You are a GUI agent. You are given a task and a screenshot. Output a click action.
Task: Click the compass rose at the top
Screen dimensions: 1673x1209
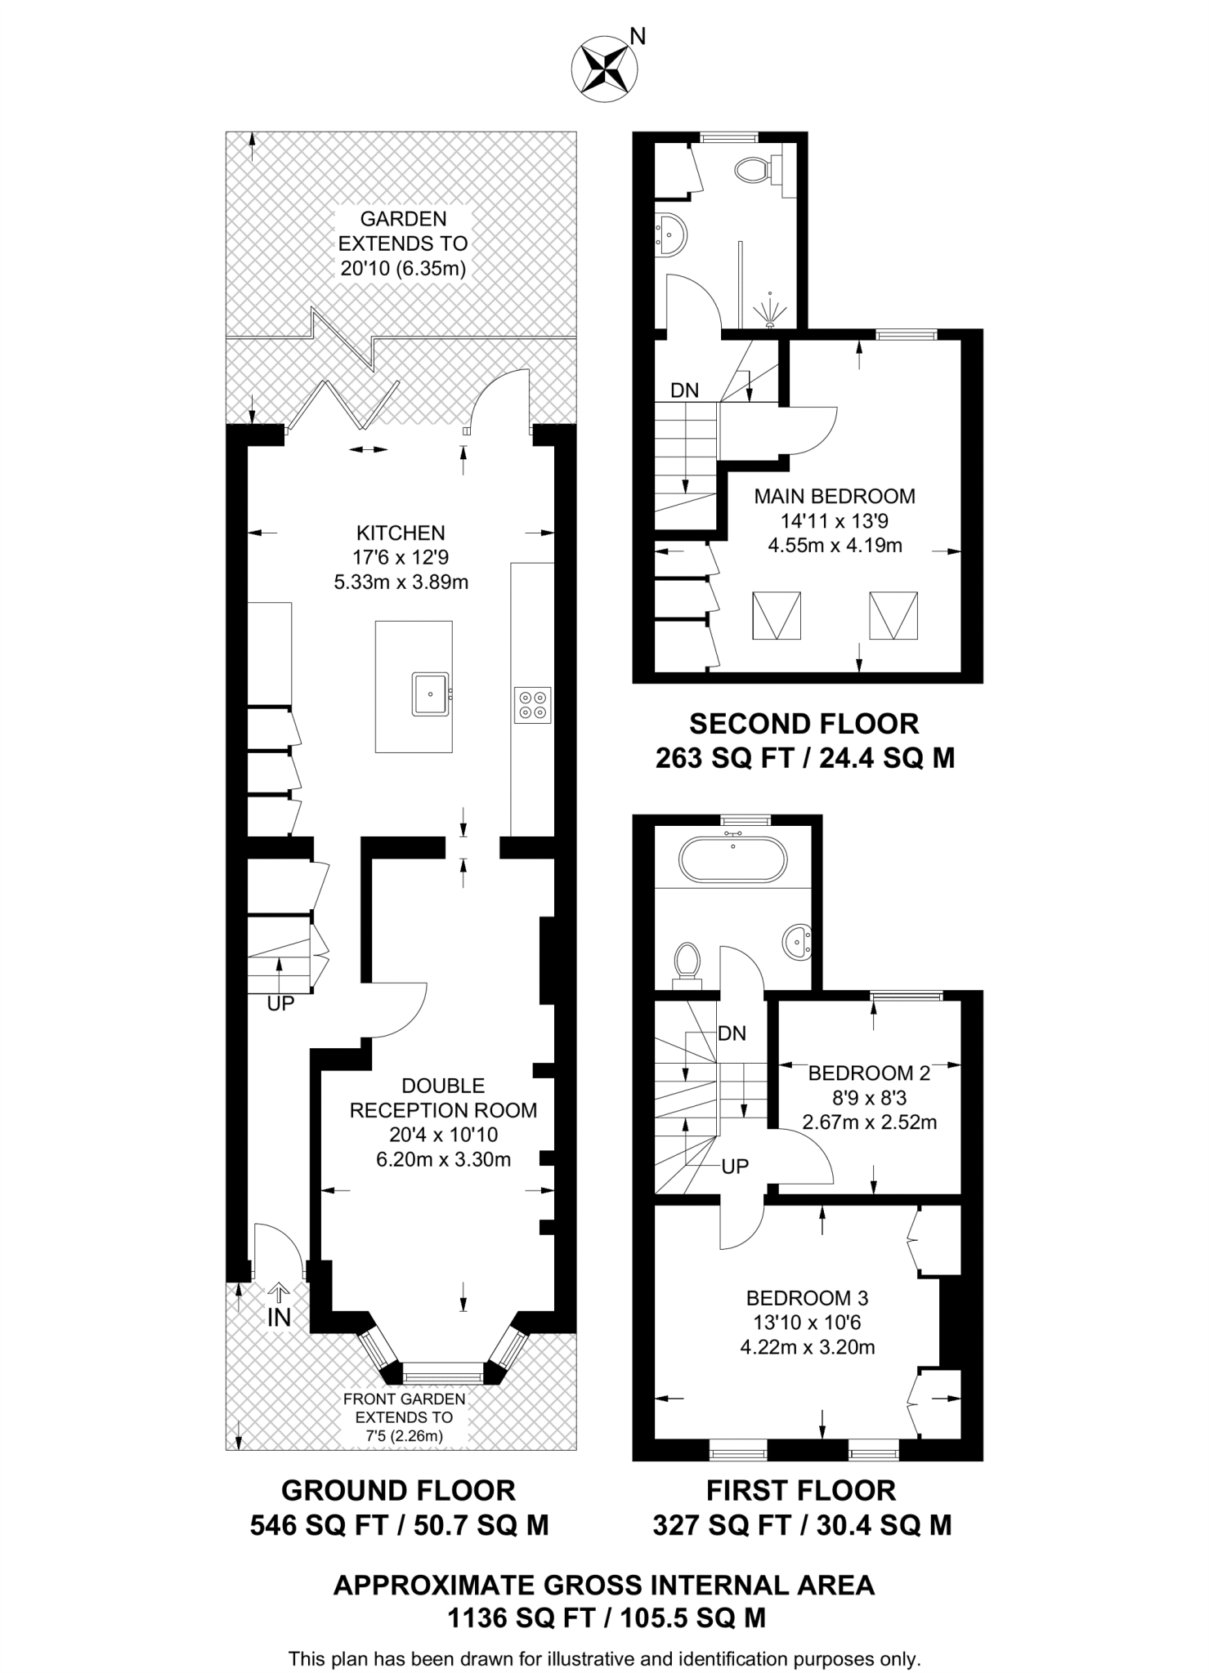pos(605,69)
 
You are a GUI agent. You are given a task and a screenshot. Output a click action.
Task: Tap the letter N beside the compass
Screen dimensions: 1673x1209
pos(638,36)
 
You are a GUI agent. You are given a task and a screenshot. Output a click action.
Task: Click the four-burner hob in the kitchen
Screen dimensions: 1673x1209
pos(532,705)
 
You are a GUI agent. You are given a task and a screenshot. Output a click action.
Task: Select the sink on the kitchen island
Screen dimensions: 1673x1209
pos(430,694)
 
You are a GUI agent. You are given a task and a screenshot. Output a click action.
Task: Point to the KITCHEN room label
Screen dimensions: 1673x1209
pos(401,533)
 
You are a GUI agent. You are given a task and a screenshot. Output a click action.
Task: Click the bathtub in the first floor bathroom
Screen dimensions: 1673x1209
pos(733,859)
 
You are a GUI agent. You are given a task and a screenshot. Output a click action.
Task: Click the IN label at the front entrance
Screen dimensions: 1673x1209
pos(279,1317)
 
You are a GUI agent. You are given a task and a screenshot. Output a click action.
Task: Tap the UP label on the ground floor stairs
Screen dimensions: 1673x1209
pos(280,1004)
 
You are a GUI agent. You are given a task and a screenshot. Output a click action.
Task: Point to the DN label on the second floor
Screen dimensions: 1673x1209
pos(684,390)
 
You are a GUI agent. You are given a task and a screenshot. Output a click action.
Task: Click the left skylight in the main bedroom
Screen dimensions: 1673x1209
pos(776,616)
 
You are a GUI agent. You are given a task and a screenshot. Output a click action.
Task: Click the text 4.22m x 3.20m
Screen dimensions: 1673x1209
pos(807,1347)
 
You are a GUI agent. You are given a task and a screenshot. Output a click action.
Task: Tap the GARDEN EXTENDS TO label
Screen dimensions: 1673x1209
pos(403,231)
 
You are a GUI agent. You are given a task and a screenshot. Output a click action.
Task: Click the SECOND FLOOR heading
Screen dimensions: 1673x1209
pos(804,724)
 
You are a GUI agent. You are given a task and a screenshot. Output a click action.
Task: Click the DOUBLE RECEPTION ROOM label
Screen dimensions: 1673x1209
pos(443,1098)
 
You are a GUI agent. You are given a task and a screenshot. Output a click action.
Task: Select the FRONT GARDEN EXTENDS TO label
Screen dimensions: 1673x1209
pos(404,1408)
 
